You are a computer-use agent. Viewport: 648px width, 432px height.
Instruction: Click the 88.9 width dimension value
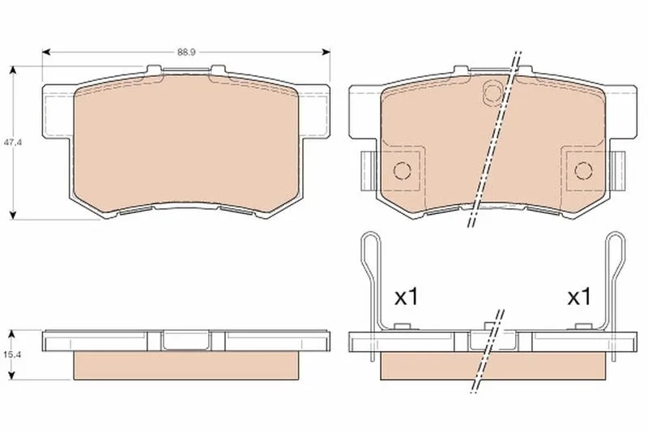(186, 52)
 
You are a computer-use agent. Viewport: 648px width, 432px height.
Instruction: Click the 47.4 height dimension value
(12, 142)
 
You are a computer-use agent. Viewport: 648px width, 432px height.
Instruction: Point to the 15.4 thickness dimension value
(12, 354)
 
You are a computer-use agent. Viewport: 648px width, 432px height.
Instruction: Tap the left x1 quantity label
(407, 297)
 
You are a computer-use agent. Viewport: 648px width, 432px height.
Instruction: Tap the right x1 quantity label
(579, 297)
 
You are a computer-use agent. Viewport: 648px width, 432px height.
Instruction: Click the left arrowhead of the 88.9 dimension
(46, 52)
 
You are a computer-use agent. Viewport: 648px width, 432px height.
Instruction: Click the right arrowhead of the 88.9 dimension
(326, 52)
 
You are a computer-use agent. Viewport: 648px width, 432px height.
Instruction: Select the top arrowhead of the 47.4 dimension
(14, 70)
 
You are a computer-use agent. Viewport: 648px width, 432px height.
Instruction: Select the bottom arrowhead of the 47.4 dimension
(14, 215)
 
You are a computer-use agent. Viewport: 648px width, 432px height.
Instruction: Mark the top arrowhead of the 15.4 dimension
(12, 334)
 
